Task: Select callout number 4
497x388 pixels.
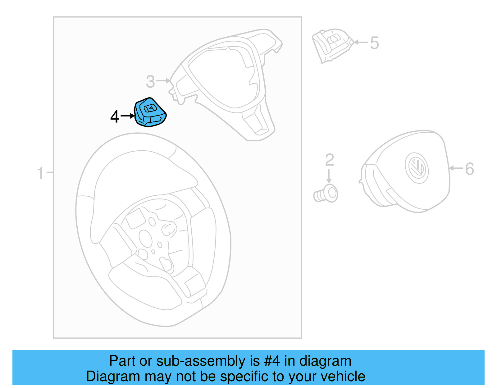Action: (x=115, y=116)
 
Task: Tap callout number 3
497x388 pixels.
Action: (x=150, y=81)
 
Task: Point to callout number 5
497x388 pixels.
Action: (x=374, y=43)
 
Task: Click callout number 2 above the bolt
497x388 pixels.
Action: (x=329, y=160)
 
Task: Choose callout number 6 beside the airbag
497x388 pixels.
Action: (x=470, y=169)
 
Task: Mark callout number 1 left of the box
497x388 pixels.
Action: (x=40, y=173)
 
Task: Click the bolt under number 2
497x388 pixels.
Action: (x=326, y=194)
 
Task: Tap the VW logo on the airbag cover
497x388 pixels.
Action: (x=417, y=168)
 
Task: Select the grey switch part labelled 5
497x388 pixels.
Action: (x=332, y=46)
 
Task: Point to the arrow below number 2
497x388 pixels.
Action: (x=329, y=176)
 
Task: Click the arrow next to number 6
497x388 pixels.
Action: (x=456, y=168)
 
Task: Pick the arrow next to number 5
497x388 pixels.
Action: (x=361, y=42)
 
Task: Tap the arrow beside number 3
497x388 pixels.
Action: (x=163, y=81)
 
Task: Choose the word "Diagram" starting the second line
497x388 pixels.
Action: (x=113, y=377)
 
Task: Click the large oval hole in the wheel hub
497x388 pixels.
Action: (x=145, y=239)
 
